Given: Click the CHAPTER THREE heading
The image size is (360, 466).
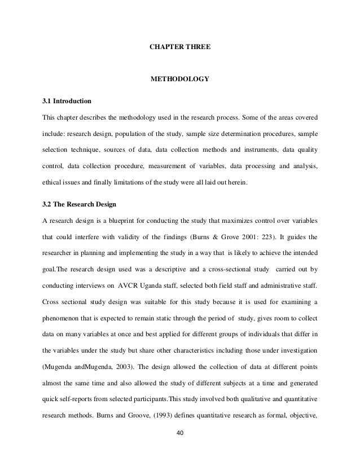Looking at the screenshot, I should pyautogui.click(x=179, y=43).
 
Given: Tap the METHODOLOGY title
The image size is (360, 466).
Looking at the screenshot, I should pyautogui.click(x=179, y=78).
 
